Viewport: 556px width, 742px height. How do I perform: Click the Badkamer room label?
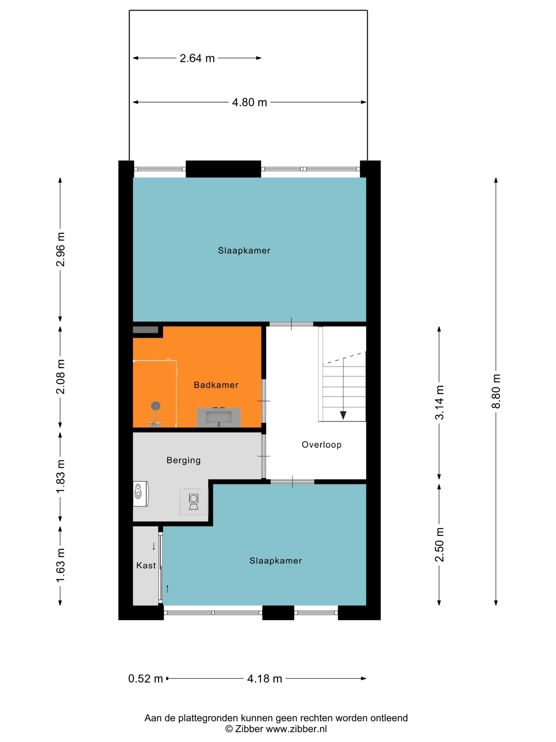point(216,385)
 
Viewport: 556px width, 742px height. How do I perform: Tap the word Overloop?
point(321,444)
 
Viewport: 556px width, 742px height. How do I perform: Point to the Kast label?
point(146,565)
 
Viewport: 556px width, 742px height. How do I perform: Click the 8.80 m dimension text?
point(496,391)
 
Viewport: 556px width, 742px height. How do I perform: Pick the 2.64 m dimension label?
point(197,58)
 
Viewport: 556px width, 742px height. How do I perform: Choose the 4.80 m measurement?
point(249,102)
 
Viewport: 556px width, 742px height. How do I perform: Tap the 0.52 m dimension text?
point(145,679)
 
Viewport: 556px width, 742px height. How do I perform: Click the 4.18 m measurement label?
point(264,679)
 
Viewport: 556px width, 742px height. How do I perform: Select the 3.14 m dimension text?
point(439,402)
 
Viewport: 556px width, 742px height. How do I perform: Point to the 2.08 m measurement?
point(60,376)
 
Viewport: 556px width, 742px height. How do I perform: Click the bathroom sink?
point(218,418)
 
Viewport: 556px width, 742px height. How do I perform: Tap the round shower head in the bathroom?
point(155,406)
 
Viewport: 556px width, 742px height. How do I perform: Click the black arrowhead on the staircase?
point(343,415)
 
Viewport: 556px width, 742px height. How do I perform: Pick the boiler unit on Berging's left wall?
point(141,494)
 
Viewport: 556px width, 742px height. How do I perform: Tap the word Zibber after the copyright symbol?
point(249,728)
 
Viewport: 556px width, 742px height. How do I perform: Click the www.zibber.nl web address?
point(296,728)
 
